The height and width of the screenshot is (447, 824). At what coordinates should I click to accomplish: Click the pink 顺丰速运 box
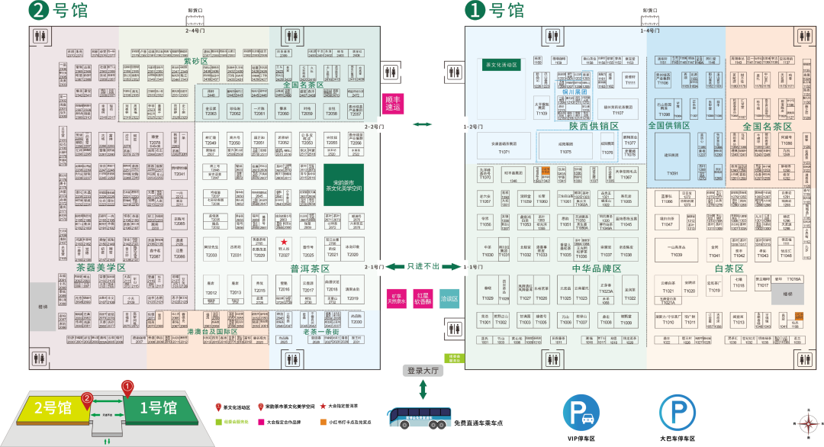pyautogui.click(x=392, y=104)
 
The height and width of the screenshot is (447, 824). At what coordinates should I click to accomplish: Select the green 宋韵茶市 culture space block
pyautogui.click(x=342, y=184)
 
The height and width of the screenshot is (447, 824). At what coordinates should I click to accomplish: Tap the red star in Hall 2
pyautogui.click(x=284, y=242)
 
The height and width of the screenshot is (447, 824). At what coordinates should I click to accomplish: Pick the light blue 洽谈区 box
pyautogui.click(x=449, y=299)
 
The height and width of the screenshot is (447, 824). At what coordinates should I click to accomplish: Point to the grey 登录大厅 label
pyautogui.click(x=423, y=371)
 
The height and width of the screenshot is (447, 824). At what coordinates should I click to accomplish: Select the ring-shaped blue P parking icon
pyautogui.click(x=678, y=413)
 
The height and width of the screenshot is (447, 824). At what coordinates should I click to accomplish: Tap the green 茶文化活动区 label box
pyautogui.click(x=501, y=66)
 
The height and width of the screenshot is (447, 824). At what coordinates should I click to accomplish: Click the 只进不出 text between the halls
pyautogui.click(x=424, y=266)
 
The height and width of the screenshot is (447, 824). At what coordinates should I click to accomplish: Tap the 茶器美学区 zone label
pyautogui.click(x=101, y=269)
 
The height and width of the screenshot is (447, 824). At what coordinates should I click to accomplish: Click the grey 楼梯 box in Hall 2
pyautogui.click(x=43, y=307)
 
